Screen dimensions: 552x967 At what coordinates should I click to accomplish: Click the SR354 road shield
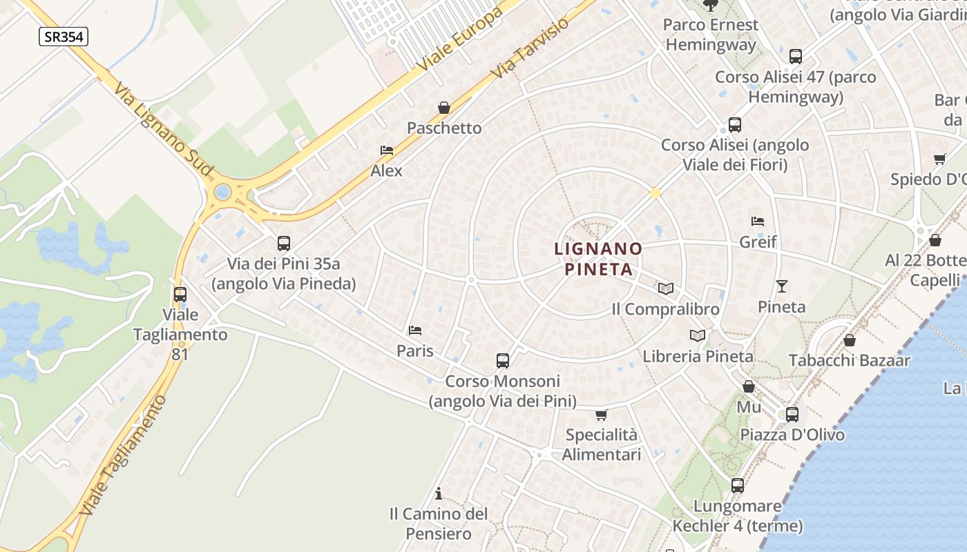(x=64, y=37)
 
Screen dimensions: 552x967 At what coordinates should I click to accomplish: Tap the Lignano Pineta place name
(x=599, y=258)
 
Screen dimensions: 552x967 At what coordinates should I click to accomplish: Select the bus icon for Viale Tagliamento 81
(x=180, y=295)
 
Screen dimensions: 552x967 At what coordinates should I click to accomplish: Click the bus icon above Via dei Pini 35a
(x=284, y=243)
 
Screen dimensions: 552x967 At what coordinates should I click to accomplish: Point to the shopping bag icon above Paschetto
(x=444, y=108)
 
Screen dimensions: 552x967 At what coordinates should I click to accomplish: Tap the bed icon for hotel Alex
(x=387, y=150)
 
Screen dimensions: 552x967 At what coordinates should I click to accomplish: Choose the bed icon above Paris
(x=415, y=331)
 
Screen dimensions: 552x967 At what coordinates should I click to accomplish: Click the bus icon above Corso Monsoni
(x=503, y=360)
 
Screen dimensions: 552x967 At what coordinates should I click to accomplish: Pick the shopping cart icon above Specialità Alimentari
(x=602, y=415)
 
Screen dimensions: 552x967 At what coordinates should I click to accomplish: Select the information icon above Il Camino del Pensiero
(x=438, y=493)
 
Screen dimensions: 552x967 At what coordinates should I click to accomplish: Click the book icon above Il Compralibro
(x=666, y=288)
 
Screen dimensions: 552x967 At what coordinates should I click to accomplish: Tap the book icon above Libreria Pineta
(x=698, y=336)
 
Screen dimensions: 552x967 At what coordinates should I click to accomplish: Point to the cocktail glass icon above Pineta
(x=782, y=286)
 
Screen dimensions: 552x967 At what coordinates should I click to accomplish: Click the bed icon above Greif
(x=758, y=221)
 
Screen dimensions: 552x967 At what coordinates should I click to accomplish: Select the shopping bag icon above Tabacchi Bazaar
(x=850, y=340)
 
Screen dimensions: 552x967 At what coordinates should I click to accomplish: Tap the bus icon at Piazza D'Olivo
(x=792, y=415)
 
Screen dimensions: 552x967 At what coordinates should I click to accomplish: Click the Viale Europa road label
(x=459, y=41)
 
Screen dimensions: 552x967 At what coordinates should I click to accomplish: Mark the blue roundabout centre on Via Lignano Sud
(x=222, y=192)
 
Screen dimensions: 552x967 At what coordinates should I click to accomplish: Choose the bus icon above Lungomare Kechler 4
(x=738, y=486)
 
